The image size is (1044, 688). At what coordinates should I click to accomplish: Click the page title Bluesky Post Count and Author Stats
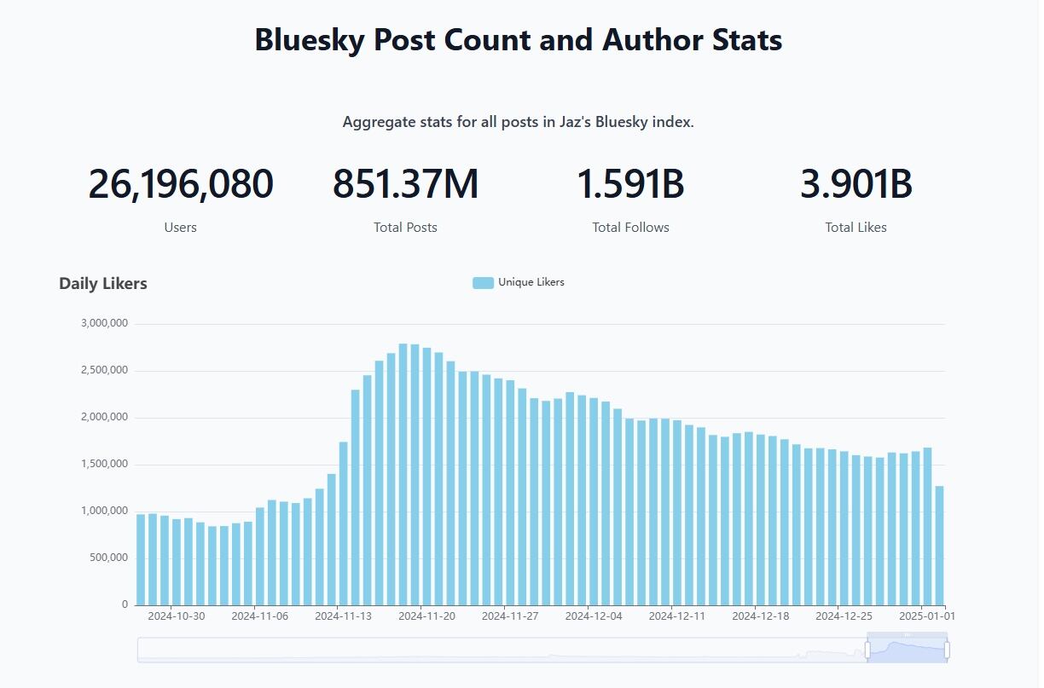point(518,40)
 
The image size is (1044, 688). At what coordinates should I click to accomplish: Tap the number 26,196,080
point(180,184)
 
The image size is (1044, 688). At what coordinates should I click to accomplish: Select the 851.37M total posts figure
point(405,184)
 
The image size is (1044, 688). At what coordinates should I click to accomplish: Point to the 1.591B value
point(630,184)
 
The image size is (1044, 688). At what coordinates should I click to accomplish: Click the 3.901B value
point(855,184)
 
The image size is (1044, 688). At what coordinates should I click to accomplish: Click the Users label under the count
point(180,228)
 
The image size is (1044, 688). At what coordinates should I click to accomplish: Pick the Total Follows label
point(630,228)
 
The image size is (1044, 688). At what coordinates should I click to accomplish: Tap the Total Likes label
point(855,228)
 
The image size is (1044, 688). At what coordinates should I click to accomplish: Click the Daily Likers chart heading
point(103,284)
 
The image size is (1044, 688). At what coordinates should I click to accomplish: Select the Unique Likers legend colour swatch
point(483,283)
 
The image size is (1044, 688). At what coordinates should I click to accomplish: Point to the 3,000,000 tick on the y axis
point(104,323)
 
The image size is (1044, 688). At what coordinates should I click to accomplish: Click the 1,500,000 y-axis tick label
point(104,464)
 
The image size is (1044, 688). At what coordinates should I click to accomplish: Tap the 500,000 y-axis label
point(108,558)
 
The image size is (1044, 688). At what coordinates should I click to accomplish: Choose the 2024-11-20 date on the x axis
point(426,616)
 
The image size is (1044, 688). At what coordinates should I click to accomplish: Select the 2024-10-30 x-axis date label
point(177,616)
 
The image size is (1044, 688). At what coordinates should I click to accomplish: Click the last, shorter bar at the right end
point(939,546)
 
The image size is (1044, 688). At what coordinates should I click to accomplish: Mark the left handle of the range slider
point(867,650)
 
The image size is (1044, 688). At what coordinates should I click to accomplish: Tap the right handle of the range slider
point(947,650)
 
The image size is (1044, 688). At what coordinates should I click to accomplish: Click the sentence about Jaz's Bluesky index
point(518,122)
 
